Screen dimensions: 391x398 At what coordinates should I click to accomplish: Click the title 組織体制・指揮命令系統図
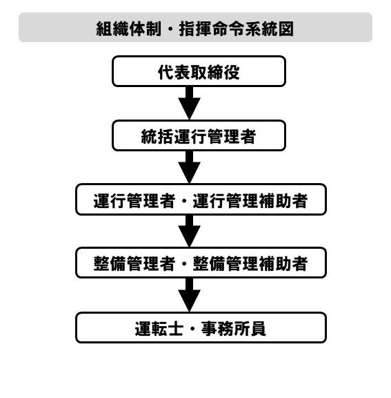195,29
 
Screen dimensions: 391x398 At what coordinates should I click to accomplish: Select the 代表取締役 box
199,71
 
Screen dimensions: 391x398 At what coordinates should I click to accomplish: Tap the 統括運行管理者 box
199,135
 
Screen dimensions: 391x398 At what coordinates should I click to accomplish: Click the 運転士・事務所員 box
201,328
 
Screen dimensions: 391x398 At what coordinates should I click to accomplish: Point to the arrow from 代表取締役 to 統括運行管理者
189,103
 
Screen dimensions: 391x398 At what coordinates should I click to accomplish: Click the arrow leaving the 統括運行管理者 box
189,167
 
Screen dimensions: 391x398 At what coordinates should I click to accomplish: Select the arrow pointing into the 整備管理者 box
189,231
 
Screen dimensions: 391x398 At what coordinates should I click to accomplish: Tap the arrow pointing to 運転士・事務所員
189,295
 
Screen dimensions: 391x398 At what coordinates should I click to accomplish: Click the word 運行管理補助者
250,200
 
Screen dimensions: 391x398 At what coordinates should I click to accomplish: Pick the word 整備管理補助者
250,263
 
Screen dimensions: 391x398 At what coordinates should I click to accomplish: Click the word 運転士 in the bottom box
159,328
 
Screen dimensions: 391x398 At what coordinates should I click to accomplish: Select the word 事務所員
234,328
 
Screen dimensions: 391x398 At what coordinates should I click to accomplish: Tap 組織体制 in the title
129,29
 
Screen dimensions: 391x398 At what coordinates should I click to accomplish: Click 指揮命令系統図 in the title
237,29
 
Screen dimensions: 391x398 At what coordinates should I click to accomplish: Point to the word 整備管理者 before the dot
134,263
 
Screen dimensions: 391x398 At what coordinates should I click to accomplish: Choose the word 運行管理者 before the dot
134,200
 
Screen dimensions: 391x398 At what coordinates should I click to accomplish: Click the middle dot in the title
170,29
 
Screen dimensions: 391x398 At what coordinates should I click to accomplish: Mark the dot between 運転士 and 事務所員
192,329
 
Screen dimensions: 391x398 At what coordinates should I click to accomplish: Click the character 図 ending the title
286,29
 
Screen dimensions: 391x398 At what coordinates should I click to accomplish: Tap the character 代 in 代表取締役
166,73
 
